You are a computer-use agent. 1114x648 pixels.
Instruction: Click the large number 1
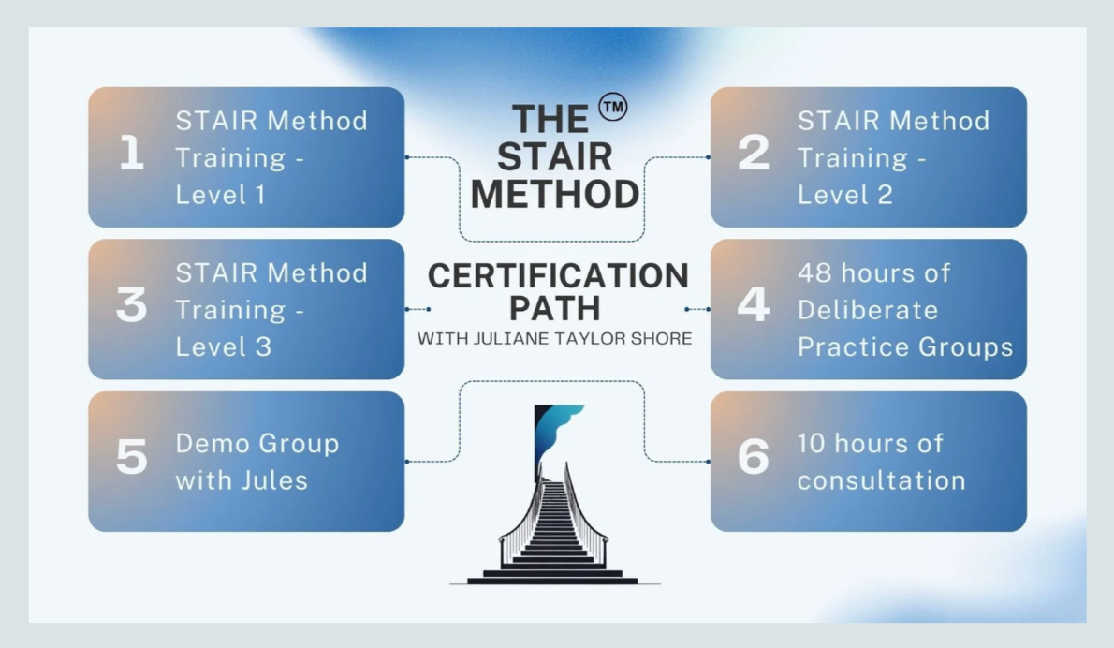132,155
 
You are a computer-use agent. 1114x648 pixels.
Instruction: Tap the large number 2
754,155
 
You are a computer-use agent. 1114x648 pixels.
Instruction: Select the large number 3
132,307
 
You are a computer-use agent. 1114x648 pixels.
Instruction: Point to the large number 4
754,307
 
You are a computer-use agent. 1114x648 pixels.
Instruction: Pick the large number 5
132,459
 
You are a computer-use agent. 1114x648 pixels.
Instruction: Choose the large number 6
754,459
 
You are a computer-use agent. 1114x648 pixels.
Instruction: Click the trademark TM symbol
613,108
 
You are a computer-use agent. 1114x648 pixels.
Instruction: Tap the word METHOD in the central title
555,195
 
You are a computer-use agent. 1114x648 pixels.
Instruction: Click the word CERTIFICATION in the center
558,276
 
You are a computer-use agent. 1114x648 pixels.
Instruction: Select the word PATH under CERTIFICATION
557,308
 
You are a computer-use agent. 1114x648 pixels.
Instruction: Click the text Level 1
221,195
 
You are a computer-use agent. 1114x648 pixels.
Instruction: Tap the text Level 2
844,195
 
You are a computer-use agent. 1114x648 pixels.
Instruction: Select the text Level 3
223,346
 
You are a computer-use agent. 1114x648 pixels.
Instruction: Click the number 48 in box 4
814,273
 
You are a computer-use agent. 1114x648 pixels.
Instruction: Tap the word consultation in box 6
881,481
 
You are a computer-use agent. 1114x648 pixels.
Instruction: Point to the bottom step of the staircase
552,581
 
